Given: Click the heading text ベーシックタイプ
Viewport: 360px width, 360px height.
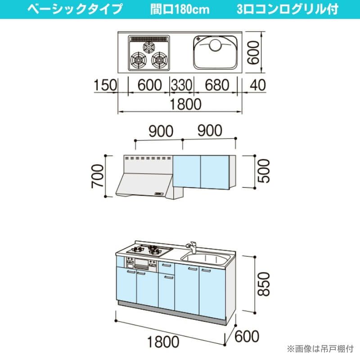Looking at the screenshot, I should click(74, 9).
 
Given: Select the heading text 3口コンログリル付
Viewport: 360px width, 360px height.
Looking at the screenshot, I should click(288, 9).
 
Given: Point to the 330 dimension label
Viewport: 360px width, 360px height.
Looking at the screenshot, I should click(181, 84).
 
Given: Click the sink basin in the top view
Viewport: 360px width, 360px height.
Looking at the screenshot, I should click(216, 52).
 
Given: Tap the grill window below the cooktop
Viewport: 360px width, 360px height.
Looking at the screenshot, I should click(143, 264).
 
